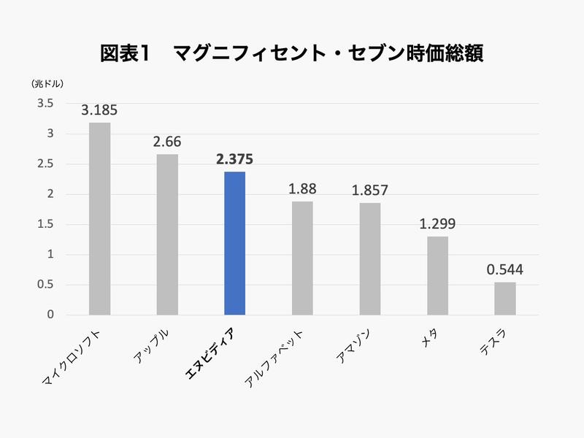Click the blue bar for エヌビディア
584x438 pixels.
[x=234, y=243]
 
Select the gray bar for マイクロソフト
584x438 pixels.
[x=99, y=219]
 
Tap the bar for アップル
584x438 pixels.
[x=167, y=234]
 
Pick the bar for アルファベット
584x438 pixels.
[x=302, y=258]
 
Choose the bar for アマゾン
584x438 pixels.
[x=369, y=258]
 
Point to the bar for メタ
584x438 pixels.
[x=437, y=275]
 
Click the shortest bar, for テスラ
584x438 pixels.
[x=504, y=299]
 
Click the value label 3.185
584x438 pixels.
[x=99, y=111]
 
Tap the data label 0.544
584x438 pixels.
[x=504, y=270]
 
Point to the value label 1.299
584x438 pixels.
[x=437, y=225]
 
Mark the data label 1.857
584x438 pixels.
[x=369, y=191]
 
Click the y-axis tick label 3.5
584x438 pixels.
[x=46, y=104]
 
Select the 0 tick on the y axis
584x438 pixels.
[x=50, y=315]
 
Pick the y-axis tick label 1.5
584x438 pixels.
[x=46, y=224]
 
